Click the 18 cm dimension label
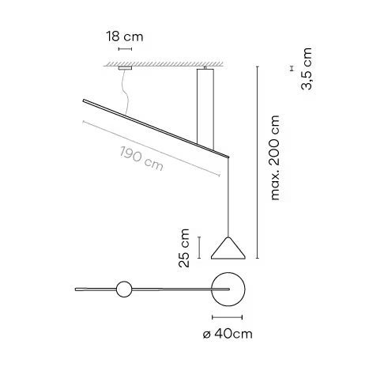(x=125, y=36)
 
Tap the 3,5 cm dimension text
(x=307, y=69)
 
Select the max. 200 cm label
(x=275, y=157)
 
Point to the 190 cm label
(x=141, y=159)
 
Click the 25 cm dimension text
(x=184, y=248)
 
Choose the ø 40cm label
(x=228, y=334)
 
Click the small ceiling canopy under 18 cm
(x=125, y=68)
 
